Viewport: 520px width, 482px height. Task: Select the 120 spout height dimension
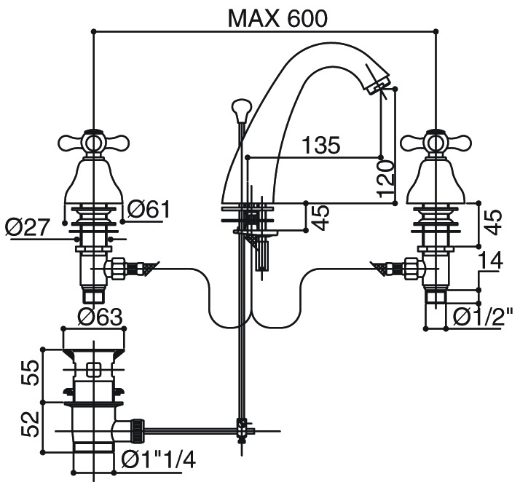387,179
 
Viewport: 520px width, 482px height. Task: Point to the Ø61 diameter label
149,209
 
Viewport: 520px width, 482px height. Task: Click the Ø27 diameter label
26,227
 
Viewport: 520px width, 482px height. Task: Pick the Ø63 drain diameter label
100,316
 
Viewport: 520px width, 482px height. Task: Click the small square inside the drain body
93,369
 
